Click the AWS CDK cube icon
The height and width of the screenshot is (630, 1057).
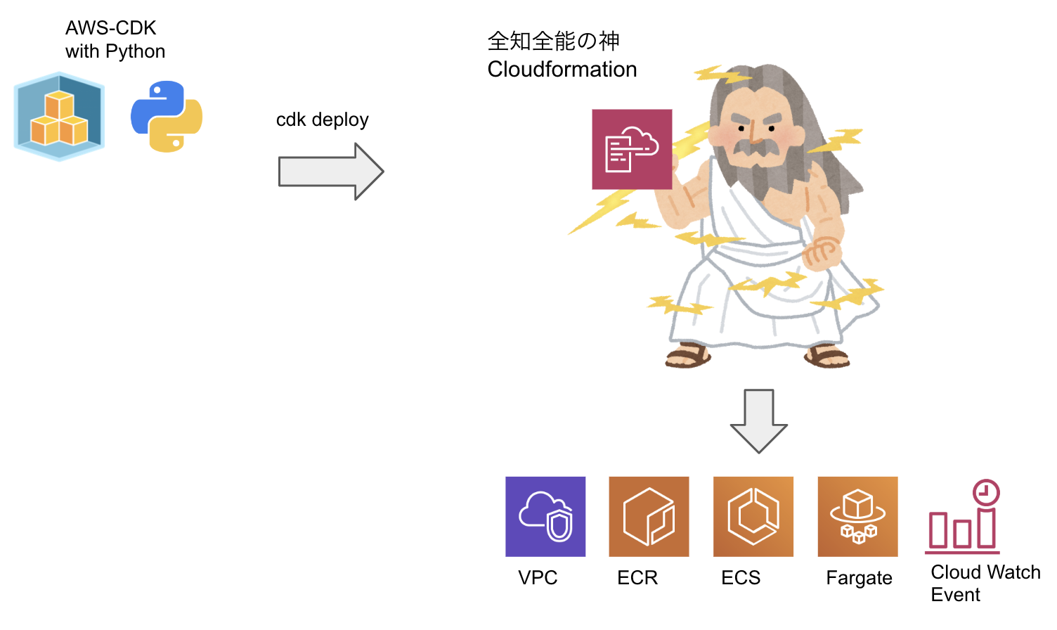[x=59, y=117]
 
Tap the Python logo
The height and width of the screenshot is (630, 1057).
[x=167, y=116]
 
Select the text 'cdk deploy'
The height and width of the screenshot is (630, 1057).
[x=322, y=120]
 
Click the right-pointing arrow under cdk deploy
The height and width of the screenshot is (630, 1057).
[x=331, y=172]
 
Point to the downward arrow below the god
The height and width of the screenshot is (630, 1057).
[x=758, y=420]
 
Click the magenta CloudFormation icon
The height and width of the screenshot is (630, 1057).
[x=632, y=149]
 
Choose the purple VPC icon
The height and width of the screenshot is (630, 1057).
[x=545, y=517]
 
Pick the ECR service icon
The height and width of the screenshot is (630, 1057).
[x=649, y=517]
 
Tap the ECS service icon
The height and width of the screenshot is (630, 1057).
[x=753, y=517]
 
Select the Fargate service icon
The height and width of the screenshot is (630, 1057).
[x=857, y=517]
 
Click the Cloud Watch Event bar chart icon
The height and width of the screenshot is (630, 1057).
[x=962, y=527]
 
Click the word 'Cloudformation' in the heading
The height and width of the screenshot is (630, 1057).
[x=562, y=70]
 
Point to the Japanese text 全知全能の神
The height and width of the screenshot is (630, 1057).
[x=554, y=41]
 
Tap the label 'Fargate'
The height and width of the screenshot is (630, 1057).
[x=859, y=578]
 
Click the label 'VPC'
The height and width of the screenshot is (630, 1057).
[x=538, y=578]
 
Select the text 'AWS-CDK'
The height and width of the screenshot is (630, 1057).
[x=111, y=27]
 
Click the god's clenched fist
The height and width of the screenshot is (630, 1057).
[x=822, y=252]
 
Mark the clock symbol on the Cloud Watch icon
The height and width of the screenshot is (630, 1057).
[x=986, y=492]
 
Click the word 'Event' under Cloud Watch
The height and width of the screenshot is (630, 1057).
[x=955, y=595]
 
